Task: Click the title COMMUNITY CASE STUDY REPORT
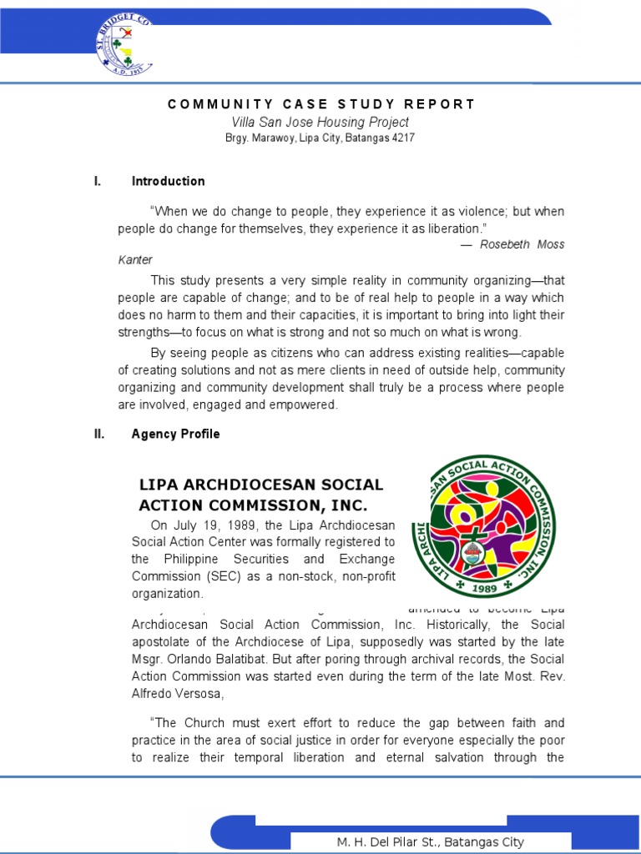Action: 321,104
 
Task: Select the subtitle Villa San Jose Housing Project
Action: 320,123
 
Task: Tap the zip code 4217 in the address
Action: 402,138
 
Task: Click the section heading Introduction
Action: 168,181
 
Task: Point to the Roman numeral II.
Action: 98,434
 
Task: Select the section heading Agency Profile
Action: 175,434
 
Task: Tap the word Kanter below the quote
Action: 135,260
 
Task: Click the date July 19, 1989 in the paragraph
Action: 213,525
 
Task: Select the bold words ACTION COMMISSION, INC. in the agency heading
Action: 253,505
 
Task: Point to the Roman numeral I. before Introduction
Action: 97,181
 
